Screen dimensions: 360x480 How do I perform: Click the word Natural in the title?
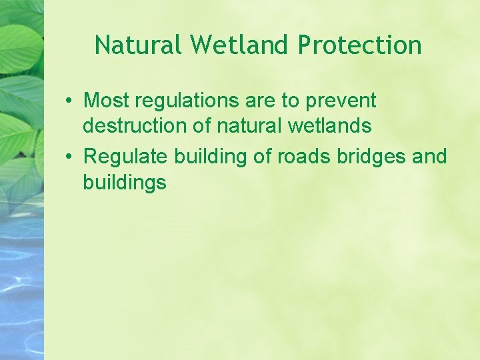(x=139, y=45)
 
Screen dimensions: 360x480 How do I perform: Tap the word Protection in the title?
(x=360, y=45)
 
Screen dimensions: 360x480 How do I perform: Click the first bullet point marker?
(x=69, y=101)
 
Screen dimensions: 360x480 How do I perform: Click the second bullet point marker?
(x=69, y=157)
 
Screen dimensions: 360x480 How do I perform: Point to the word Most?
(x=106, y=101)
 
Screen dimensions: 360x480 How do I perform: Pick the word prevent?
(x=341, y=102)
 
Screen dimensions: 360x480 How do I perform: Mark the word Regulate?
(x=125, y=157)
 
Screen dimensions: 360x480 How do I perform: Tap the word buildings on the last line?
(x=125, y=182)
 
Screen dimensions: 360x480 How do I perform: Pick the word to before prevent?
(x=291, y=102)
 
